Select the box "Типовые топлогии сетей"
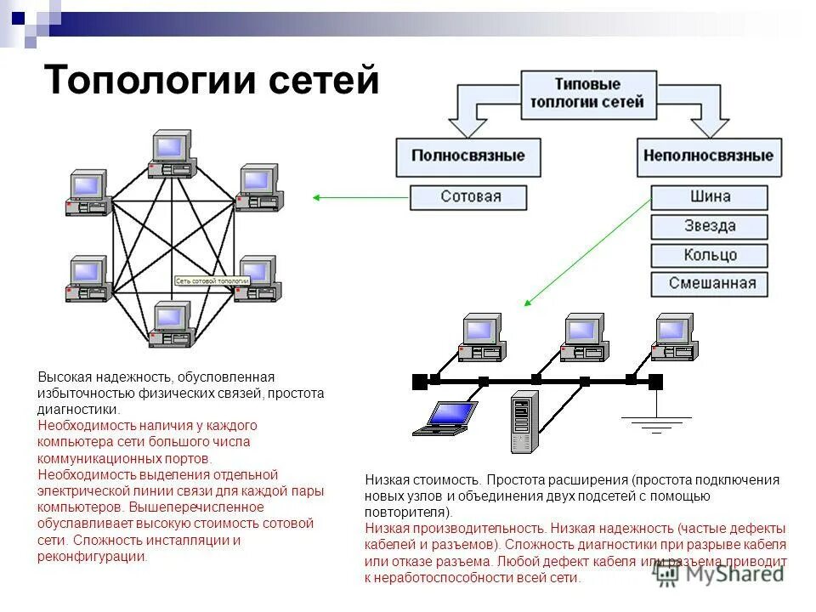point(587,93)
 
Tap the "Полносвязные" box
point(468,156)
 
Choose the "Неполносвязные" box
point(708,156)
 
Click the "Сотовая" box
point(470,197)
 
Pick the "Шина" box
point(710,197)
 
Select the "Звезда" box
point(710,226)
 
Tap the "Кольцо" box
point(710,255)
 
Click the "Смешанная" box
point(710,284)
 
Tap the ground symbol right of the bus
point(655,421)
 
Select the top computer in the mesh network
point(171,154)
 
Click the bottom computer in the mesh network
point(171,324)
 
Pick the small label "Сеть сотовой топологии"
point(212,280)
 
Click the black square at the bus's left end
point(419,382)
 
